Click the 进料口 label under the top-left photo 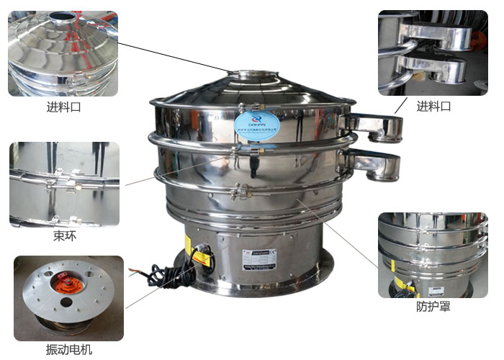(63, 109)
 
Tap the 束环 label (64, 236)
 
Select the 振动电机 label (68, 350)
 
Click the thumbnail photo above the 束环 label (64, 184)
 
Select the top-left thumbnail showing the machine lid (63, 53)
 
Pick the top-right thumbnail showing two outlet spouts (432, 53)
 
